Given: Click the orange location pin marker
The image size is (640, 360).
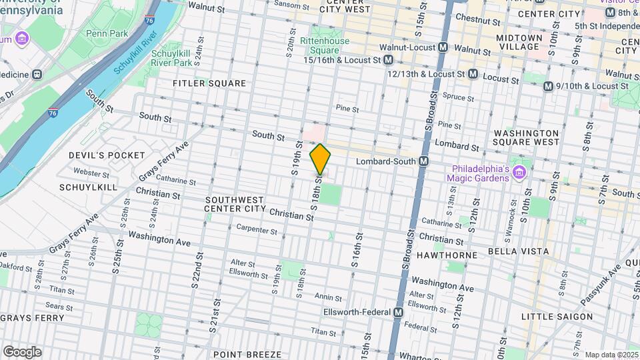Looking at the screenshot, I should [320, 159].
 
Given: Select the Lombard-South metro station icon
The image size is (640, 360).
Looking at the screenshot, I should [423, 162].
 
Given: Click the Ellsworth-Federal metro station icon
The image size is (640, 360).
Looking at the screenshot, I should [399, 312].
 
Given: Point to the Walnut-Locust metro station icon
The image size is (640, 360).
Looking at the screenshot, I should [443, 47].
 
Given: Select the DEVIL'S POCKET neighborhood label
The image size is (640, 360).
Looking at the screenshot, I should [107, 155].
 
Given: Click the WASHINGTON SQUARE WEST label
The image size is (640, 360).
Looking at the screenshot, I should [526, 137].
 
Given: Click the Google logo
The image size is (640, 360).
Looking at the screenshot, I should [22, 351].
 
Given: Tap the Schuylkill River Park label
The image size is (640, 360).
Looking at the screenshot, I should [172, 57].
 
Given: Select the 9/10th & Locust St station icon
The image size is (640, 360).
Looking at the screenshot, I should [548, 86].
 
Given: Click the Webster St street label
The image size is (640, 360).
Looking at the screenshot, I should [87, 171].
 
